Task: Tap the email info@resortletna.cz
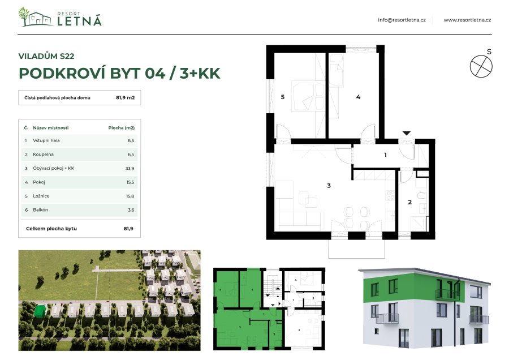(x=402, y=20)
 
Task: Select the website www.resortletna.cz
(x=467, y=20)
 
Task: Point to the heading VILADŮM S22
(x=46, y=56)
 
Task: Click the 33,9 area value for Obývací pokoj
(x=129, y=169)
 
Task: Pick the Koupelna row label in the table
(x=44, y=154)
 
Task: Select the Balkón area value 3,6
(x=130, y=210)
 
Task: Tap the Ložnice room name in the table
(x=42, y=196)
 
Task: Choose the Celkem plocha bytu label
(x=51, y=229)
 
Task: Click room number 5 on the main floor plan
(x=282, y=97)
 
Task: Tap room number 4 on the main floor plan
(x=358, y=97)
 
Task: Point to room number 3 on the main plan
(x=328, y=185)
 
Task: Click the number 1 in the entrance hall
(x=385, y=154)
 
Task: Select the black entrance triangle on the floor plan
(x=406, y=134)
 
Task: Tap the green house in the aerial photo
(x=40, y=310)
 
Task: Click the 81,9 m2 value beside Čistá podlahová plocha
(x=125, y=98)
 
